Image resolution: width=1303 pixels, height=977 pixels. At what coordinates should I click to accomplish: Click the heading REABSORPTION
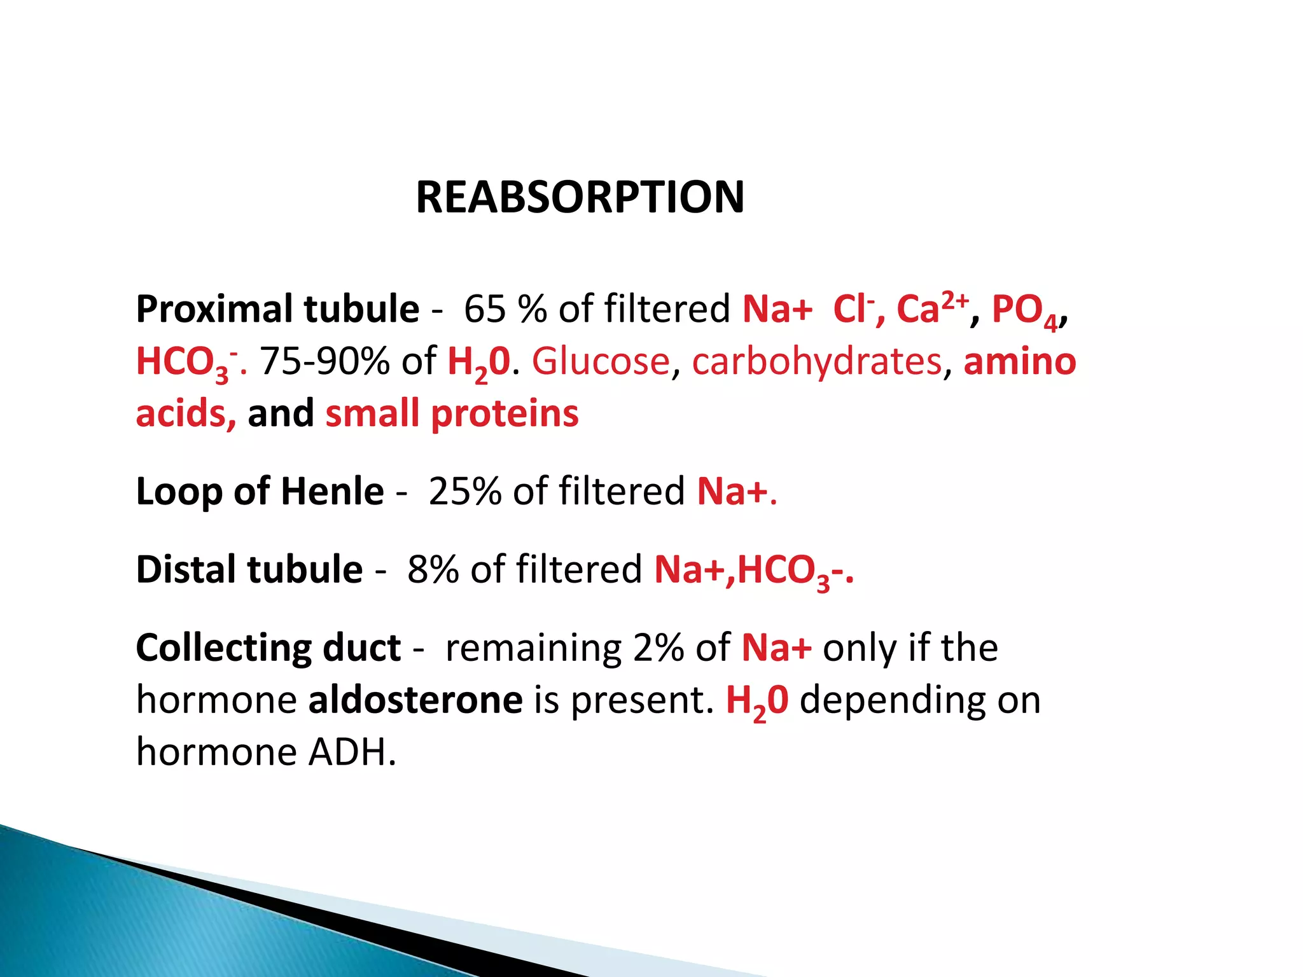tap(580, 197)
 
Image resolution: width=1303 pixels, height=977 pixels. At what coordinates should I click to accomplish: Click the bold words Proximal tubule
tap(277, 310)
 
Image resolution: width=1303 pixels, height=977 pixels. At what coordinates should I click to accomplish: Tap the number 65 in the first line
tap(485, 310)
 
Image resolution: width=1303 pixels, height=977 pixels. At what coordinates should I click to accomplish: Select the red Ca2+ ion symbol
tap(931, 308)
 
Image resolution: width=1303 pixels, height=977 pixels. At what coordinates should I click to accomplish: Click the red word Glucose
tap(601, 362)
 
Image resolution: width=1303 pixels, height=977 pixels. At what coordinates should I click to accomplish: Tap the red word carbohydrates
tap(816, 362)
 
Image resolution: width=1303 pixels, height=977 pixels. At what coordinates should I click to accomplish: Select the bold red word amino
tap(1019, 362)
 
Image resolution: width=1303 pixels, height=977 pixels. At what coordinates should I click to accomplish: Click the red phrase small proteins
tap(452, 414)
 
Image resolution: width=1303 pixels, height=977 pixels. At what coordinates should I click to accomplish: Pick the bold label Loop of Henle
tap(260, 492)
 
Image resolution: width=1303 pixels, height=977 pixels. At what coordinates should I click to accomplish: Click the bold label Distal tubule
tap(249, 569)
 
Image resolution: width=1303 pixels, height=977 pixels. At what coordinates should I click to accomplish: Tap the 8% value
tap(433, 569)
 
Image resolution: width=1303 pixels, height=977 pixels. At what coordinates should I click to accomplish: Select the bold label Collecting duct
tap(268, 648)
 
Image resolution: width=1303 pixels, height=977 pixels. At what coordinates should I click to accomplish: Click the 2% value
tap(660, 648)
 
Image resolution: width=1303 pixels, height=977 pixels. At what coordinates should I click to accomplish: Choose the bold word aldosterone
tap(415, 700)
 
